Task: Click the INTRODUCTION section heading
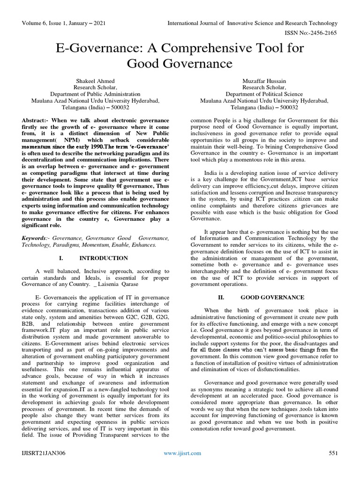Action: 104,258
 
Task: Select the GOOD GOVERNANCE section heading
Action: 272,297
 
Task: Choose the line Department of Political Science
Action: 264,93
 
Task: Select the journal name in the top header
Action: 252,22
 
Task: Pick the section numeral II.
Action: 222,297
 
